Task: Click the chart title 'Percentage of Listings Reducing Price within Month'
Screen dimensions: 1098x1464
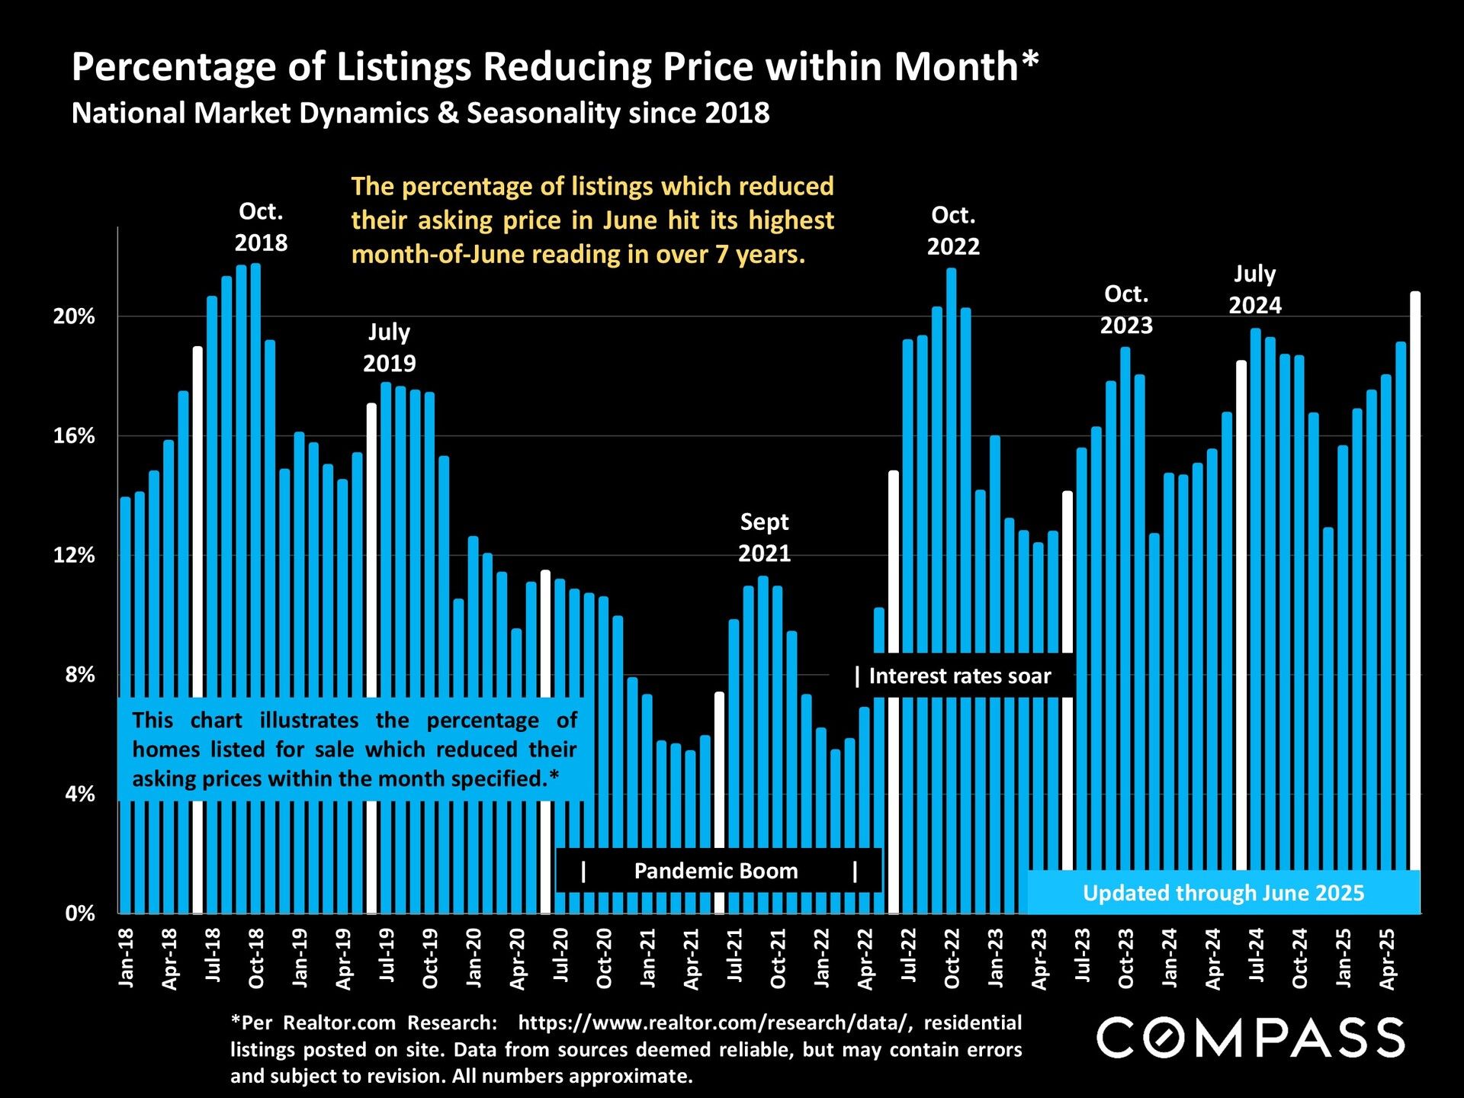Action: [x=554, y=66]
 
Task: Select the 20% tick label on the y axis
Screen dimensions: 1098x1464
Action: [x=74, y=316]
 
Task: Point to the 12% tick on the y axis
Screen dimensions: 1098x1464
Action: [x=74, y=555]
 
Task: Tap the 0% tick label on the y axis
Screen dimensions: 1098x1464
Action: [x=79, y=913]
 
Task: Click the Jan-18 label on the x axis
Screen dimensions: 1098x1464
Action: [x=127, y=958]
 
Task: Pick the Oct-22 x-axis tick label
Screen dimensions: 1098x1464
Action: [x=952, y=958]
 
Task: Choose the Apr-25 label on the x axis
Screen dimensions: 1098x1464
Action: [x=1388, y=958]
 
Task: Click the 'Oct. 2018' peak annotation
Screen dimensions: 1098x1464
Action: [x=261, y=226]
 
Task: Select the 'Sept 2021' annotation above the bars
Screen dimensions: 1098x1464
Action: [x=764, y=537]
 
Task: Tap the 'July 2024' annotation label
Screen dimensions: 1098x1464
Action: [x=1255, y=289]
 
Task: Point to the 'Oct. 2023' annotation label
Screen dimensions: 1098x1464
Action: [x=1126, y=310]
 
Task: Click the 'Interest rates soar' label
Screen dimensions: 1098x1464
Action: [x=959, y=676]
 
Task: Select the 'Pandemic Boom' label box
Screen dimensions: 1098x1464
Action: [x=717, y=871]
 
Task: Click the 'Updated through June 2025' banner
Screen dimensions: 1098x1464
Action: [x=1223, y=893]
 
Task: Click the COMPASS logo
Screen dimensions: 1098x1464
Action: [x=1250, y=1038]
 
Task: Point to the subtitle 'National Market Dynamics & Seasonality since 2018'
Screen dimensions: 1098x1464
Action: [x=420, y=113]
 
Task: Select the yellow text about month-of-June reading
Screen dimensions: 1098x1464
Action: [x=592, y=220]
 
